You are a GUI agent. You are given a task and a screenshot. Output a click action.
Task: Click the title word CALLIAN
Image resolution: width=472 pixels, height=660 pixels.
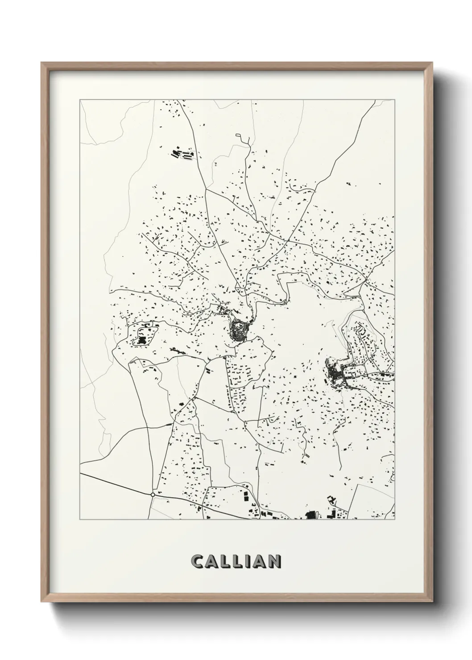[x=236, y=561]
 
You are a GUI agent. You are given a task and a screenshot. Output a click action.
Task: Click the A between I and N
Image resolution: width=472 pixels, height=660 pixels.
[x=258, y=561]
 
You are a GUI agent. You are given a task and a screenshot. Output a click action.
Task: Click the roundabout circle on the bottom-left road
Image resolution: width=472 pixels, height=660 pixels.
[x=153, y=495]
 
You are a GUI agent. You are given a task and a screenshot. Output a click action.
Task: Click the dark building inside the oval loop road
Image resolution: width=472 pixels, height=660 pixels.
[x=142, y=341]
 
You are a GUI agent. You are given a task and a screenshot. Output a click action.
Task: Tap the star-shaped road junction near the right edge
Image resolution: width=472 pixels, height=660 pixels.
[x=365, y=279]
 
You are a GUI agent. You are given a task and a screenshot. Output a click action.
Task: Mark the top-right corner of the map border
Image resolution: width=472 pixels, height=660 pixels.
[x=394, y=99]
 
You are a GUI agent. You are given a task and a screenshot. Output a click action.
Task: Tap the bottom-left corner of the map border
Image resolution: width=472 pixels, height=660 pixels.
[x=80, y=520]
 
